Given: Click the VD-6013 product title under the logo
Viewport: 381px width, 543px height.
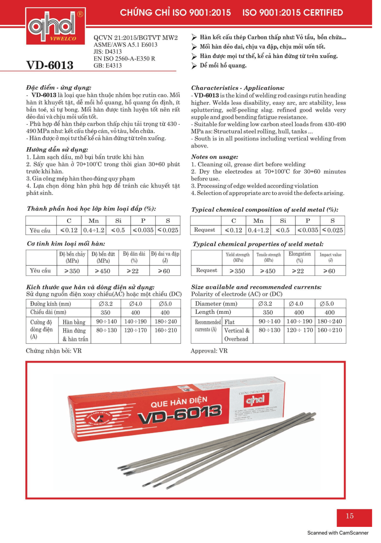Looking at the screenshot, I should (x=50, y=65).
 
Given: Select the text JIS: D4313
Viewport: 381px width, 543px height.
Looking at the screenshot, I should (x=108, y=51).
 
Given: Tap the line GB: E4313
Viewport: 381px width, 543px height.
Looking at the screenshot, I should (x=108, y=66).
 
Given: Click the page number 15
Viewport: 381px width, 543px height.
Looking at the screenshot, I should (x=350, y=516).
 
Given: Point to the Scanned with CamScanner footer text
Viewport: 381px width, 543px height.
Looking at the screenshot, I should (x=338, y=533).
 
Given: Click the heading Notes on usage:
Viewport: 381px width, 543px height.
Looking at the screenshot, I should (x=215, y=157).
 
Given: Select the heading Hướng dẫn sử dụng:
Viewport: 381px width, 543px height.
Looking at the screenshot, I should (x=57, y=149).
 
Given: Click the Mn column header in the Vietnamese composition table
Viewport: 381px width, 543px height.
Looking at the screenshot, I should (x=94, y=221).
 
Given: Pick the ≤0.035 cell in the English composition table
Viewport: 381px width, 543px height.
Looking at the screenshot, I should (x=308, y=230).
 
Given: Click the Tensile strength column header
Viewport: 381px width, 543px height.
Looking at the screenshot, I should (x=269, y=257).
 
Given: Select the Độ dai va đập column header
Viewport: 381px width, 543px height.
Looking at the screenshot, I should (x=165, y=257).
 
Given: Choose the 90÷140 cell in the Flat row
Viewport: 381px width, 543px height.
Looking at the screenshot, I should (x=268, y=321).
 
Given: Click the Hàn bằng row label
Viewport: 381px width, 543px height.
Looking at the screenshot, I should (x=74, y=322).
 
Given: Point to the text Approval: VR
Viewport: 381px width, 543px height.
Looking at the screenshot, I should (x=209, y=351).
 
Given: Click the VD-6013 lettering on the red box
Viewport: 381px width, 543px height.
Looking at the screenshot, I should (x=180, y=414).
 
